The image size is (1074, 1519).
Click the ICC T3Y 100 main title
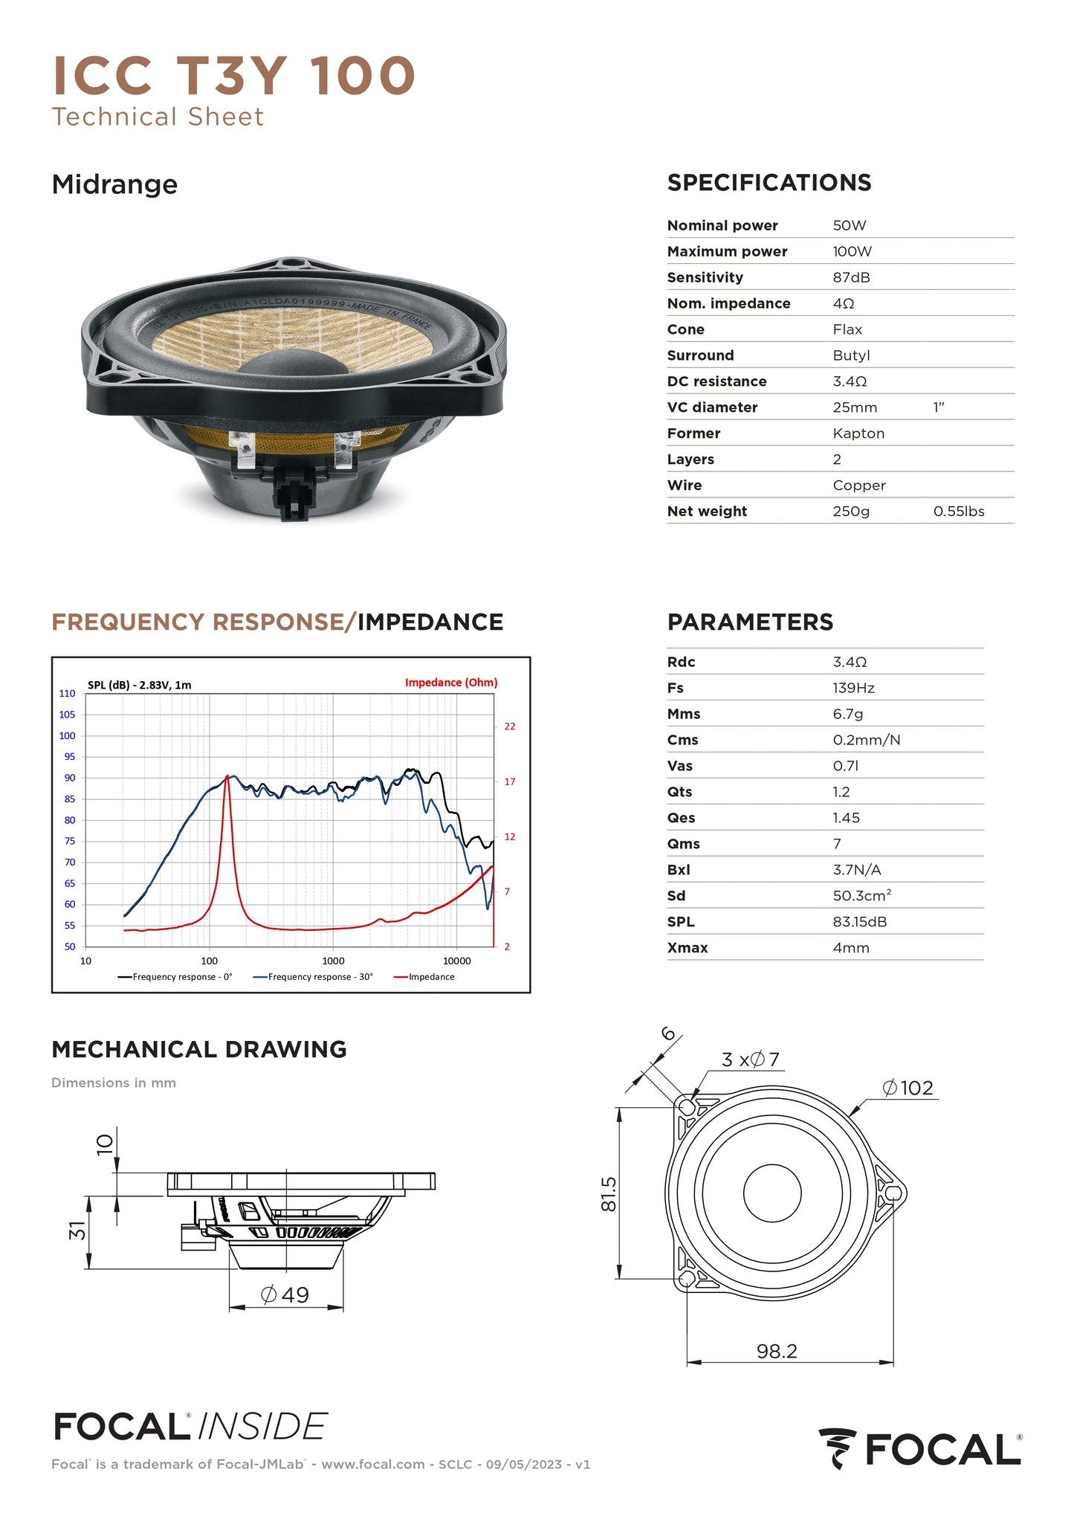click(233, 76)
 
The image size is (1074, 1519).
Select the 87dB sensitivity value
click(851, 277)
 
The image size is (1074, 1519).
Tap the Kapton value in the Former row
click(858, 433)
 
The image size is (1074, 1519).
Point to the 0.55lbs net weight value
click(959, 512)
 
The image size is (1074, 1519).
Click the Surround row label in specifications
click(700, 355)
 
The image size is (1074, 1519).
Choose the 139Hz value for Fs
click(853, 688)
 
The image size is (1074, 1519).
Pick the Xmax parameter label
click(688, 948)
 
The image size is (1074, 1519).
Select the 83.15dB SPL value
click(860, 922)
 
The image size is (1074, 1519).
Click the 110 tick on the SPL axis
click(68, 694)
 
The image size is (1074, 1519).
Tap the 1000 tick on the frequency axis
click(333, 961)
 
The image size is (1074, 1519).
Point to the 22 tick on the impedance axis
click(510, 726)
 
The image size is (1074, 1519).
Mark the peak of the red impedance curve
click(227, 777)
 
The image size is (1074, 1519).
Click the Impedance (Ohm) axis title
click(451, 683)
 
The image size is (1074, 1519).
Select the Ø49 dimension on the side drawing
click(285, 1294)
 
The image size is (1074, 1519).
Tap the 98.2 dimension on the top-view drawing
click(777, 1351)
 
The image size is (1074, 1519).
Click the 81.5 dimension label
click(609, 1193)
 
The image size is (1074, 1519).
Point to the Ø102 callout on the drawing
click(908, 1089)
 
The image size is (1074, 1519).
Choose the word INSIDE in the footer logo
click(262, 1428)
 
